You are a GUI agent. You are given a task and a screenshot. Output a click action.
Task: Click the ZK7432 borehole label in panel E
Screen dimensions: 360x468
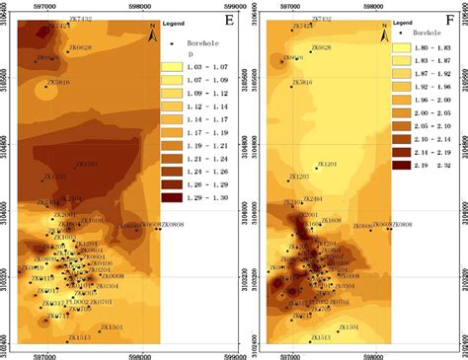[x=79, y=19]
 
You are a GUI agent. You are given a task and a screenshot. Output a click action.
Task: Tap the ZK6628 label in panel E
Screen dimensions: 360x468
[x=78, y=47]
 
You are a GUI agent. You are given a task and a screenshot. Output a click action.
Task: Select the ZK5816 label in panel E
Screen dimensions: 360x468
[x=59, y=84]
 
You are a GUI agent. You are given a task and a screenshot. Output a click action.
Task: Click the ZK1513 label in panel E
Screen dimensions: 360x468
[x=79, y=337]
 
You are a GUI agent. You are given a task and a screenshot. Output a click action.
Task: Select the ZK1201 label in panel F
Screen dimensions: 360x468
[x=326, y=164]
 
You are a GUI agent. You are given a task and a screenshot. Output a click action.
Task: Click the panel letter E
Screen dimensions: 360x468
[x=229, y=17]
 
